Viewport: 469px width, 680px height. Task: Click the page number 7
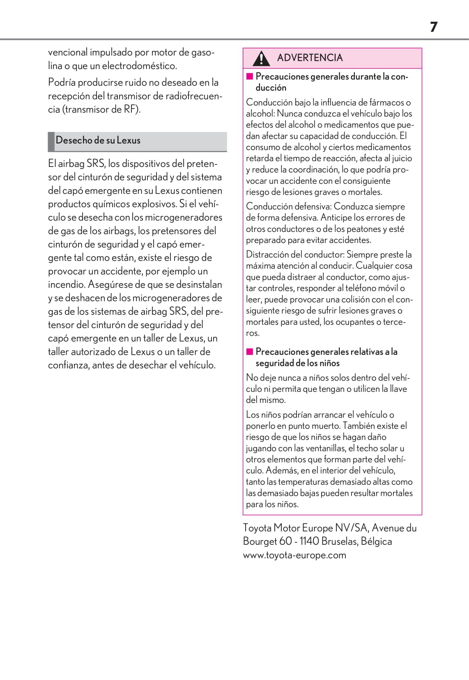point(434,27)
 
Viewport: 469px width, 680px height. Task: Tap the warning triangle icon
point(261,58)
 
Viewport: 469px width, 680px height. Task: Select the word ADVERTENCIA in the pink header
point(310,58)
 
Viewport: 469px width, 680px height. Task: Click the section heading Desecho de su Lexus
point(98,140)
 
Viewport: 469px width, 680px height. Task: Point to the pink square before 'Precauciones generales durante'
point(249,76)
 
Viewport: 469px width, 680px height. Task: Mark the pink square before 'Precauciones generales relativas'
point(249,352)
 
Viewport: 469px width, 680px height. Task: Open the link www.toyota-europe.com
point(294,555)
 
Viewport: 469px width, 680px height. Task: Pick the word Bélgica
point(376,541)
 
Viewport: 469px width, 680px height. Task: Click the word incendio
point(66,284)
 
